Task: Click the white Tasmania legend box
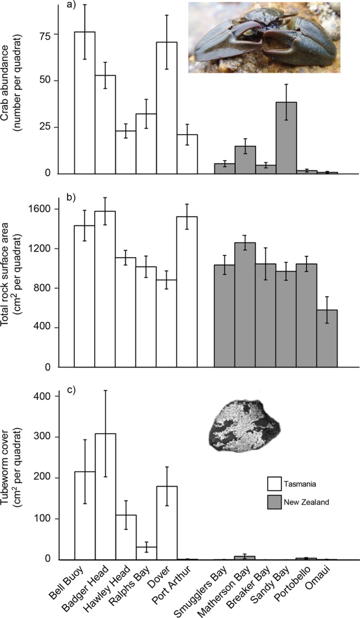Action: (x=276, y=483)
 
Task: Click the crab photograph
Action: (x=264, y=37)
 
